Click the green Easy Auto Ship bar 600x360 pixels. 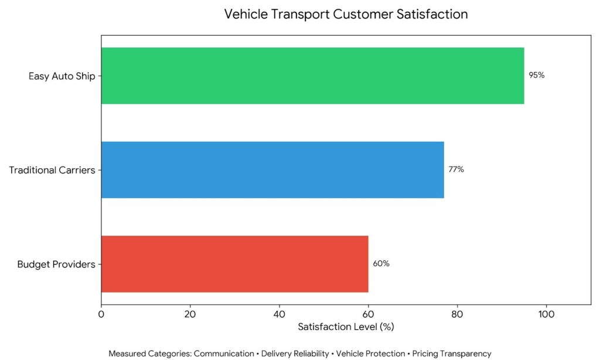tap(313, 76)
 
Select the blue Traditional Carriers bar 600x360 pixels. tap(272, 169)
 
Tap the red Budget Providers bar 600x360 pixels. tap(234, 264)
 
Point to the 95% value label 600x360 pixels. tap(537, 75)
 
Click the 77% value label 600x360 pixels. tap(456, 169)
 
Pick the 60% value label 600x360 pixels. tap(381, 263)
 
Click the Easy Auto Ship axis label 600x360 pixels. tap(62, 76)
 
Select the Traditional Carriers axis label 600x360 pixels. tap(52, 170)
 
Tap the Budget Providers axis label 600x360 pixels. tap(56, 264)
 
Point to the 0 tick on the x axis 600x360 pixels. tap(101, 314)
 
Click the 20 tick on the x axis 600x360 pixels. tap(190, 314)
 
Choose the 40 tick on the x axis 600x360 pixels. tap(279, 314)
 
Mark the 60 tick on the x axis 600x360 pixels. tap(368, 314)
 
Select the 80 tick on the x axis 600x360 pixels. tap(457, 314)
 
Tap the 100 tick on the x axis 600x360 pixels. tap(546, 314)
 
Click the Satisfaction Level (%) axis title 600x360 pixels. tap(346, 327)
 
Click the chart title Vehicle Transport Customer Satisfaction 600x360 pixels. tap(346, 14)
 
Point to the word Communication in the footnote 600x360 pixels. tap(224, 354)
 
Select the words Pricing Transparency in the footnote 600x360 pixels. tap(452, 354)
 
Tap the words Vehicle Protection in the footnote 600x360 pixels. tap(370, 354)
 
